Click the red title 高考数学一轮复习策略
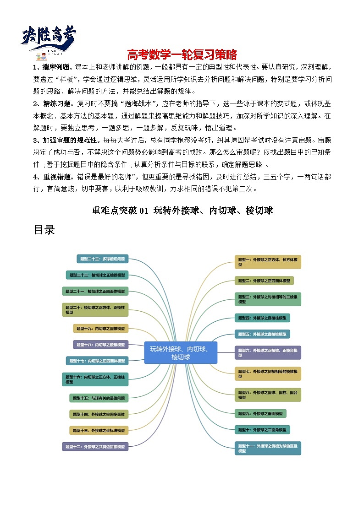[182, 55]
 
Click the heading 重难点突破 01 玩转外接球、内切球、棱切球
[182, 211]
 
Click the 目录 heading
[44, 230]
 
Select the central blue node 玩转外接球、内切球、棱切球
[181, 352]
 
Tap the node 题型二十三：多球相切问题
[102, 259]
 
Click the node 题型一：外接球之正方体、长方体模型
[268, 262]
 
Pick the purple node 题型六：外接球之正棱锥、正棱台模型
[268, 352]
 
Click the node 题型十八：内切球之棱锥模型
[100, 345]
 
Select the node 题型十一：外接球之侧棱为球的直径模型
[268, 448]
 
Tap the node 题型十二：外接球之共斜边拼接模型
[95, 446]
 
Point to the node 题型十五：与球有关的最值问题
[99, 398]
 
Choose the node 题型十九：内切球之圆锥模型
[100, 328]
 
